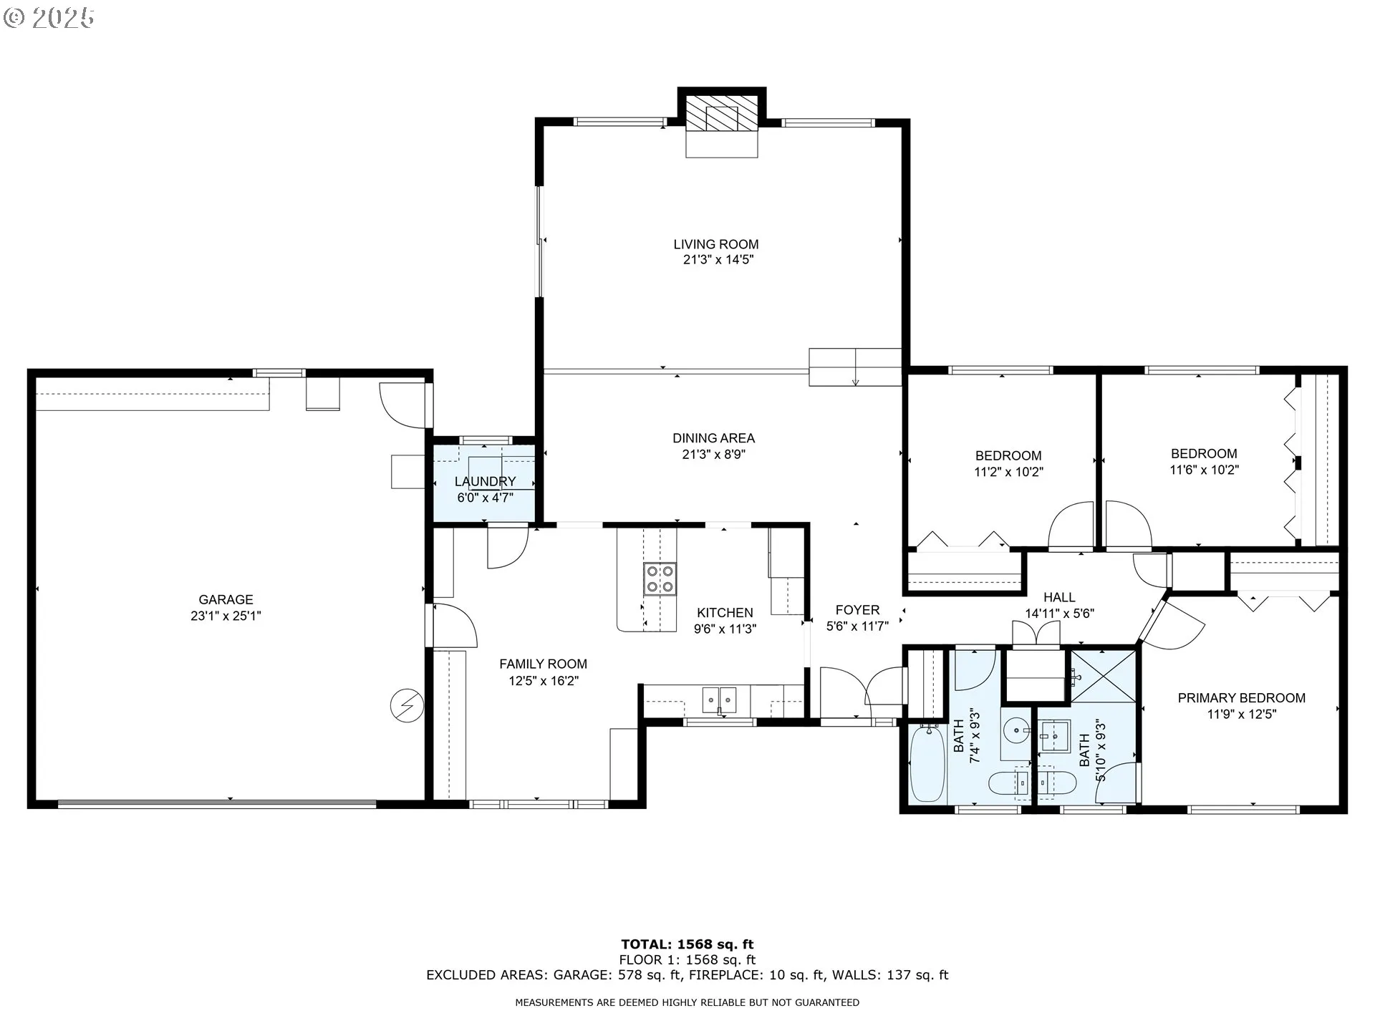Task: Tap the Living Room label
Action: pyautogui.click(x=715, y=244)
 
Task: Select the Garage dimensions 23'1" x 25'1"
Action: pyautogui.click(x=226, y=616)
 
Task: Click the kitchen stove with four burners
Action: pyautogui.click(x=660, y=579)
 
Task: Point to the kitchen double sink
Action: pyautogui.click(x=719, y=699)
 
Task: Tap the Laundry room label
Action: pyautogui.click(x=485, y=481)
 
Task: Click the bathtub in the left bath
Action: pyautogui.click(x=927, y=763)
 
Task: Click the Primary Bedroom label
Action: pyautogui.click(x=1241, y=698)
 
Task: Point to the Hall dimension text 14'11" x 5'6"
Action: pyautogui.click(x=1059, y=614)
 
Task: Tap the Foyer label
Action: pyautogui.click(x=857, y=610)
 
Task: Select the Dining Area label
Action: pyautogui.click(x=713, y=438)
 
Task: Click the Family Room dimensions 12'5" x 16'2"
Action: pyautogui.click(x=544, y=680)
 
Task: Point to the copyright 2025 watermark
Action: pyautogui.click(x=49, y=18)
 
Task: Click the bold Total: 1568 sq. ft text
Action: pyautogui.click(x=687, y=944)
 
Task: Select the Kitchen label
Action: pyautogui.click(x=725, y=613)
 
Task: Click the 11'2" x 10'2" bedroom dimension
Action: pyautogui.click(x=1008, y=473)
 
